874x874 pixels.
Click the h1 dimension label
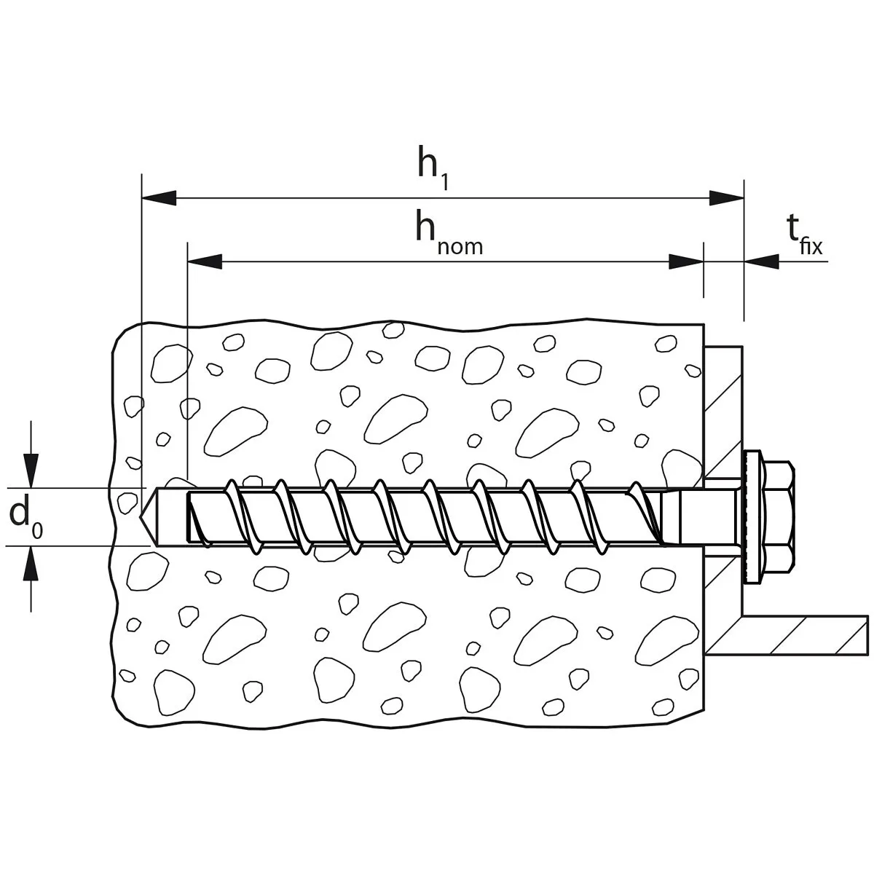(x=433, y=167)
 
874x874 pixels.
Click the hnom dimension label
(x=449, y=234)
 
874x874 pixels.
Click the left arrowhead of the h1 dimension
(x=159, y=198)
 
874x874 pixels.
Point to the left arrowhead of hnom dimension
(x=205, y=261)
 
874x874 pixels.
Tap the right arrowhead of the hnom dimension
(x=686, y=261)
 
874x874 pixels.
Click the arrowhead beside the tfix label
(x=762, y=261)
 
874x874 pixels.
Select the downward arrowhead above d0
(x=31, y=471)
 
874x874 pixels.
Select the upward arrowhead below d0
(x=31, y=563)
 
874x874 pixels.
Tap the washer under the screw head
(x=752, y=516)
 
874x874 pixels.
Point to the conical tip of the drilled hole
(x=146, y=516)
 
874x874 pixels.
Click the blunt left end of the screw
(x=189, y=517)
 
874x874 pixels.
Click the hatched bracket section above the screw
(x=723, y=413)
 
